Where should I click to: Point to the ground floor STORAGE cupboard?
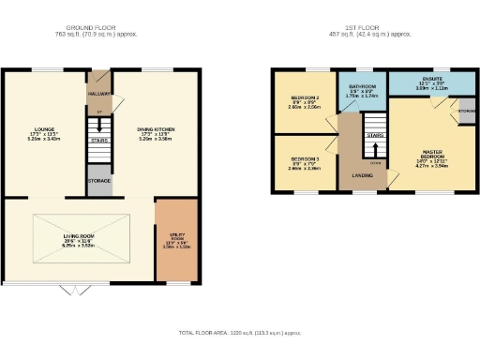coord(99,180)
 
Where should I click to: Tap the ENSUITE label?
coord(432,80)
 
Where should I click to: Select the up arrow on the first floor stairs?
coord(375,151)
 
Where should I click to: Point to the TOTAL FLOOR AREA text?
coord(240,333)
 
